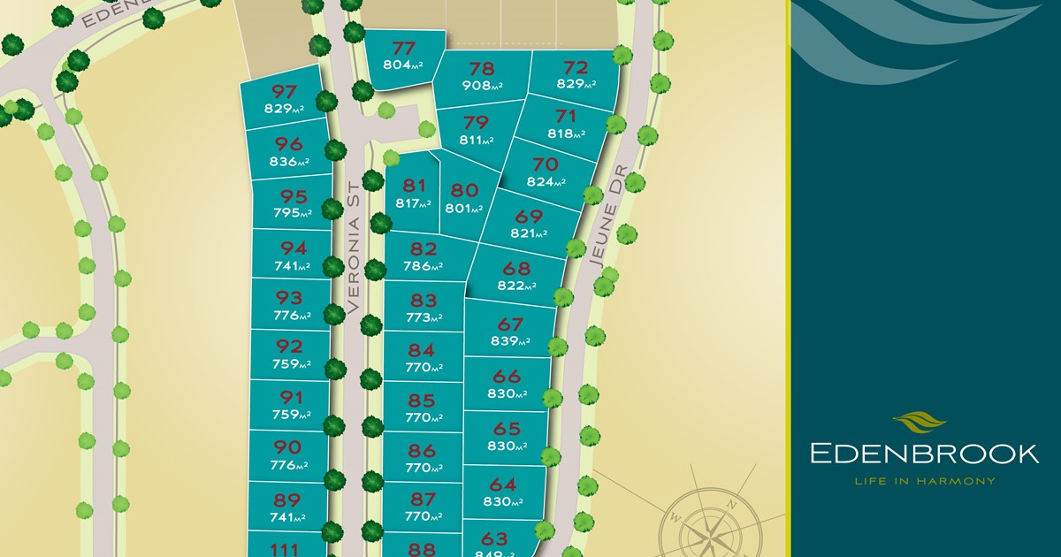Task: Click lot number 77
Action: (404, 48)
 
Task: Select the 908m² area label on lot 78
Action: (482, 86)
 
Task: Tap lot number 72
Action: (576, 67)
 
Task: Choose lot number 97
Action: (284, 91)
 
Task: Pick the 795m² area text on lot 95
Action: (293, 213)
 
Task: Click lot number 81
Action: (415, 186)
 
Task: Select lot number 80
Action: (464, 189)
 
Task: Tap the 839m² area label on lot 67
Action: (510, 340)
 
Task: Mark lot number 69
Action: (529, 217)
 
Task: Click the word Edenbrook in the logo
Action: (924, 454)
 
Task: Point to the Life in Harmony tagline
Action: (924, 481)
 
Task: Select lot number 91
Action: (289, 397)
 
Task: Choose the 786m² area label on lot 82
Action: (424, 266)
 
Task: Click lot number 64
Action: (502, 485)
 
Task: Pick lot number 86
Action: (423, 451)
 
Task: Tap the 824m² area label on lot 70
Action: (546, 182)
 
